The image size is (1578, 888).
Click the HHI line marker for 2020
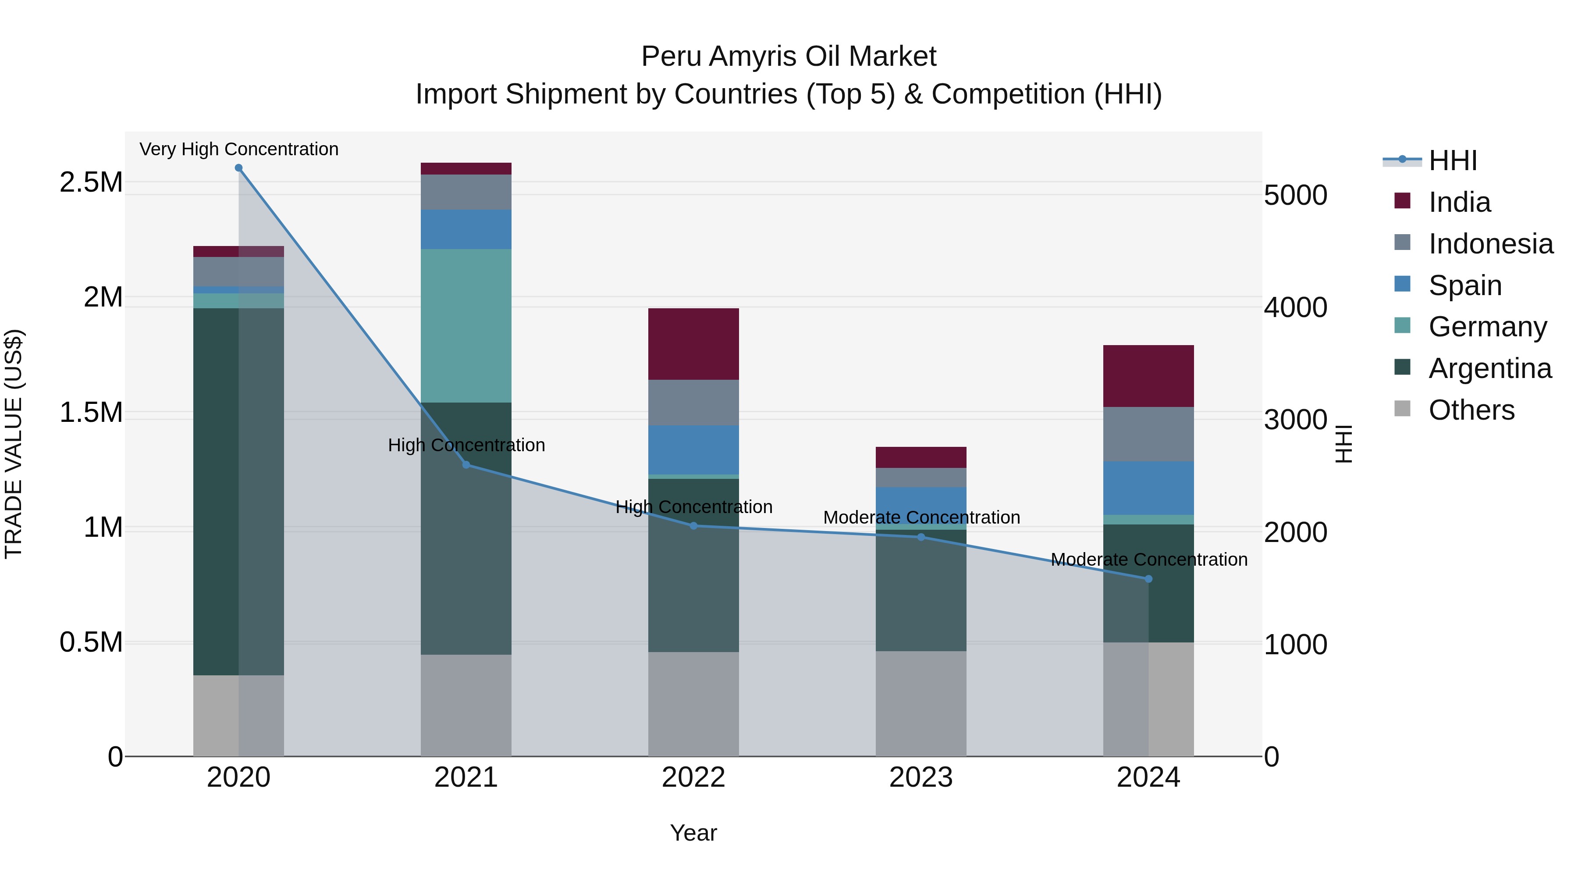238,168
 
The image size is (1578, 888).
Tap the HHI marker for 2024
1148,579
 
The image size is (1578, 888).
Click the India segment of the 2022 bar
693,344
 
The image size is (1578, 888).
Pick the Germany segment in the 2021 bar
466,325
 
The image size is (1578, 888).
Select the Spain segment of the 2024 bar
1148,488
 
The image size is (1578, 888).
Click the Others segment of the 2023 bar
920,703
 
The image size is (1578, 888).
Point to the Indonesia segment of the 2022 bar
693,403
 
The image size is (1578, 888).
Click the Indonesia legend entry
1490,244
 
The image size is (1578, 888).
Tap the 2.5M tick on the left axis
91,182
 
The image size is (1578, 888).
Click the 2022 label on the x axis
693,777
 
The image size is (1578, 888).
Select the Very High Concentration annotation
239,149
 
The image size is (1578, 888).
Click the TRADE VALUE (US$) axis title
14,444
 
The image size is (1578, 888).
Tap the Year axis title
693,833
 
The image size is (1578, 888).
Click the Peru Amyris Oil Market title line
789,57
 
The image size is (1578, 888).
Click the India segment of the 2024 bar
1148,376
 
